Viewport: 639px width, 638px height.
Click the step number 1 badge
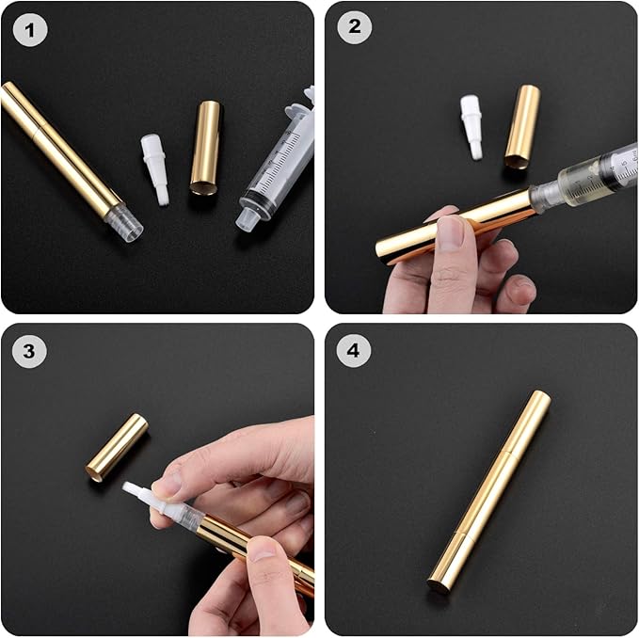tap(30, 30)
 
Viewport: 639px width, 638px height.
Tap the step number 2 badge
tap(355, 27)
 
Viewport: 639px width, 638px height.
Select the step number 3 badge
tap(29, 351)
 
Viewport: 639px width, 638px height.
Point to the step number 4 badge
tap(354, 350)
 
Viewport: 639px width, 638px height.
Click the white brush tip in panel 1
tap(155, 169)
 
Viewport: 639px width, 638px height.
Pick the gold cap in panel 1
tap(206, 149)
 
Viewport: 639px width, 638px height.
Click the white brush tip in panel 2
tap(471, 126)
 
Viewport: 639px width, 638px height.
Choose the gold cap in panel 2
tap(522, 127)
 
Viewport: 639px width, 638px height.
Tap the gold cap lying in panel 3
tap(117, 448)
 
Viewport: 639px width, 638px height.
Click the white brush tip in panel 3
tap(139, 493)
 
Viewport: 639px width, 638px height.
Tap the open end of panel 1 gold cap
tap(203, 189)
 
